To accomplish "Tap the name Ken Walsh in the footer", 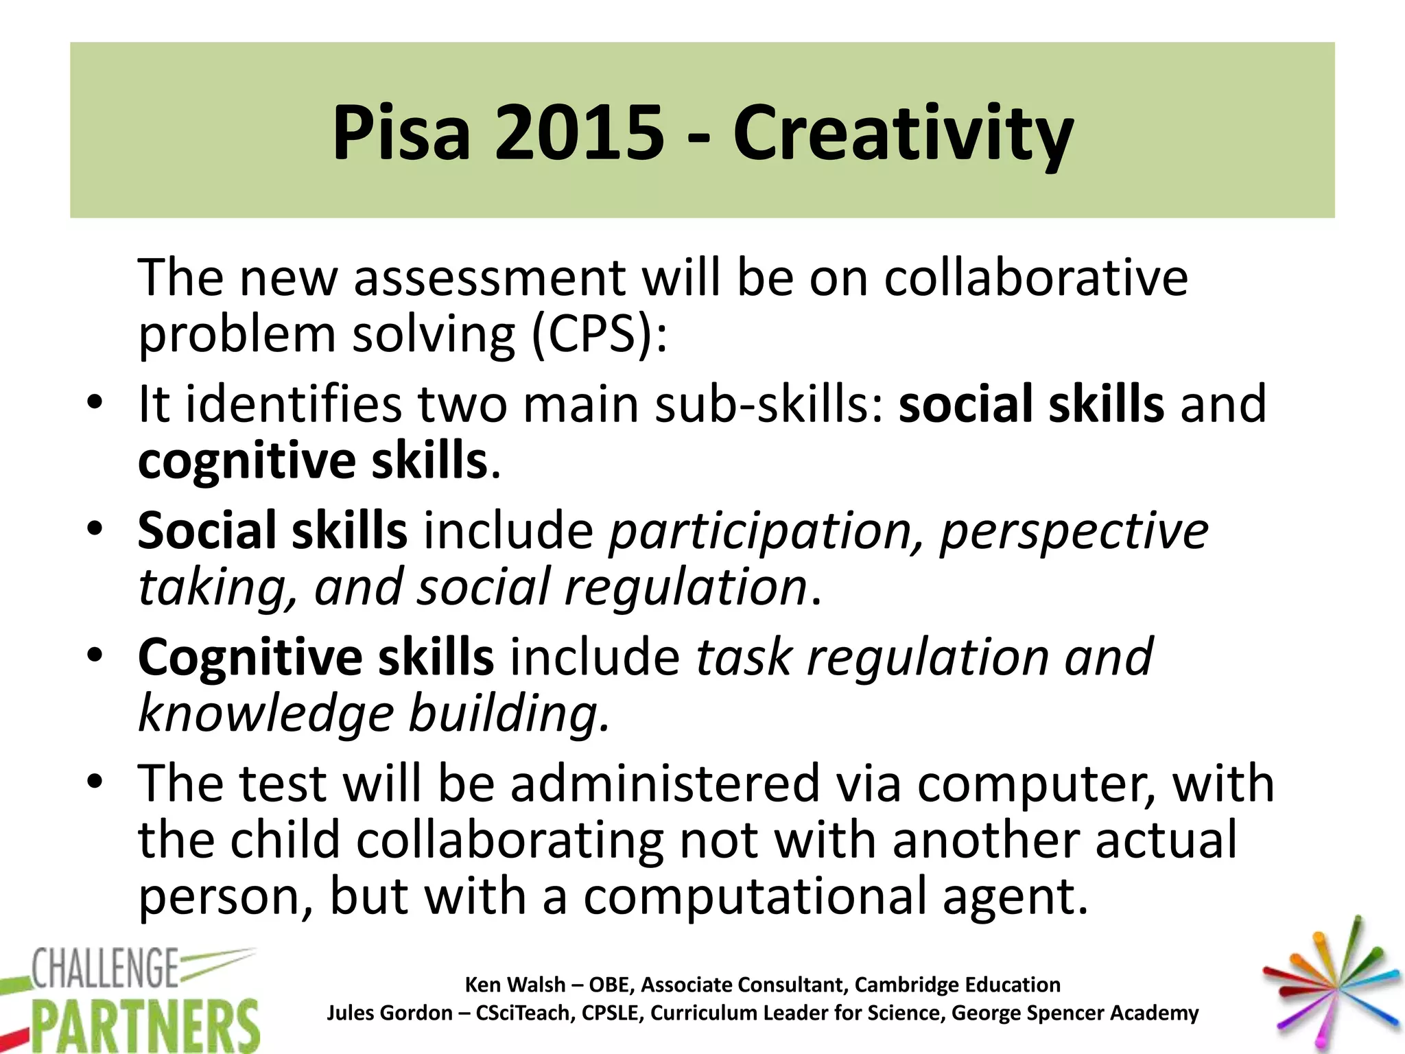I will pyautogui.click(x=515, y=985).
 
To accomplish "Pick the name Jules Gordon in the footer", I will pyautogui.click(x=389, y=1013).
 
